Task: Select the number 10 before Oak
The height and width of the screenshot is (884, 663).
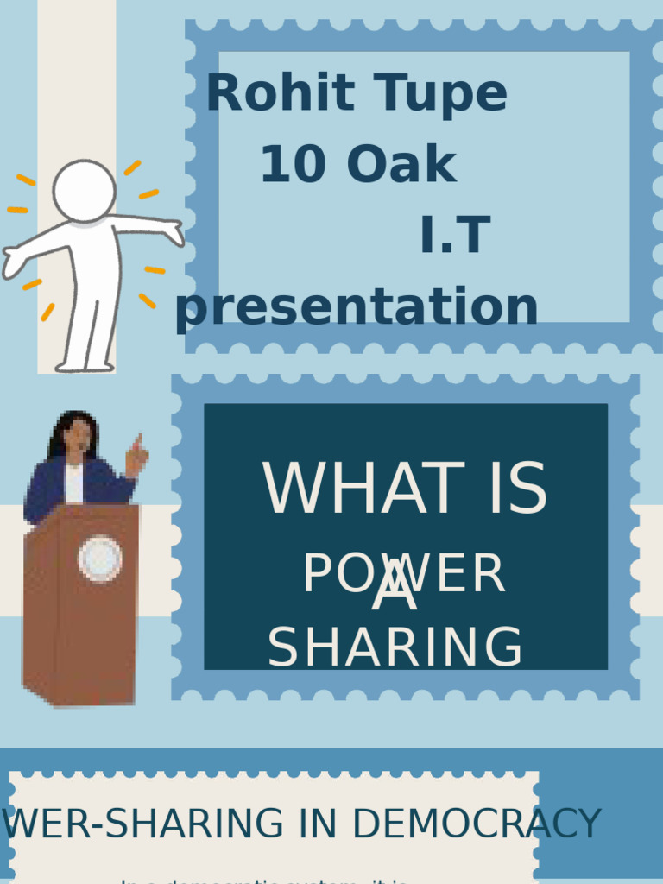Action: [292, 164]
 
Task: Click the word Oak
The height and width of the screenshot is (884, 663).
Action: [401, 164]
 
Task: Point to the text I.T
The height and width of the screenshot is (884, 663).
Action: [455, 236]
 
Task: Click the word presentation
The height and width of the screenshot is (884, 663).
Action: [357, 307]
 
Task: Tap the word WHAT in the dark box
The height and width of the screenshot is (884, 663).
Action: [363, 489]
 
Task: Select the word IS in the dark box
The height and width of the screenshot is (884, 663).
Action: [517, 489]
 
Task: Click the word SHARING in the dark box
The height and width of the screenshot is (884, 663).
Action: [395, 647]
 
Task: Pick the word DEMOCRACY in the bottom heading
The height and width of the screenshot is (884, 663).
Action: [477, 824]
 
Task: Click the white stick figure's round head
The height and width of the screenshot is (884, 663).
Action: [84, 190]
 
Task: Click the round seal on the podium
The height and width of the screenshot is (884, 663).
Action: [100, 559]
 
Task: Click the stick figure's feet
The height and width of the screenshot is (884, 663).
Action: [85, 366]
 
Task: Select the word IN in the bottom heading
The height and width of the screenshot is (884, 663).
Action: [318, 824]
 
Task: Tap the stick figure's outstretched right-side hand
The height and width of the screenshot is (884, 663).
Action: [173, 231]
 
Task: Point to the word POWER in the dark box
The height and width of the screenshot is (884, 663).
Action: [403, 575]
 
